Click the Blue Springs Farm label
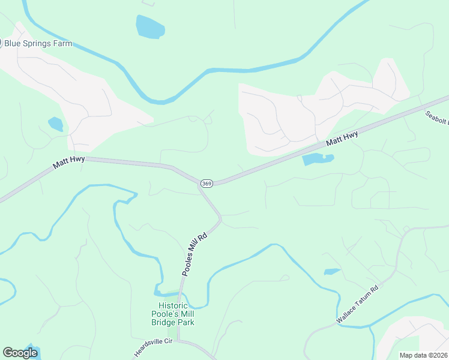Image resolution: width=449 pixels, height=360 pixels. tap(38, 43)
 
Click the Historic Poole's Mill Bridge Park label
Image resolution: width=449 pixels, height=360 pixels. tap(172, 314)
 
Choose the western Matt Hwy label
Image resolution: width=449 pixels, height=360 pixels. tap(68, 162)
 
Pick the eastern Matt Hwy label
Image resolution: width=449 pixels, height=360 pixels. tap(342, 139)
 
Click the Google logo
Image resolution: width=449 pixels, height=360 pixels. tap(20, 353)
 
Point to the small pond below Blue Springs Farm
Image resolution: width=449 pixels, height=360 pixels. tap(56, 124)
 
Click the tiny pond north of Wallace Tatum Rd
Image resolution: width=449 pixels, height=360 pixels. tap(332, 272)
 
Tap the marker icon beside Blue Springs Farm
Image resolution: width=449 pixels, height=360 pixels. tap(1, 43)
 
